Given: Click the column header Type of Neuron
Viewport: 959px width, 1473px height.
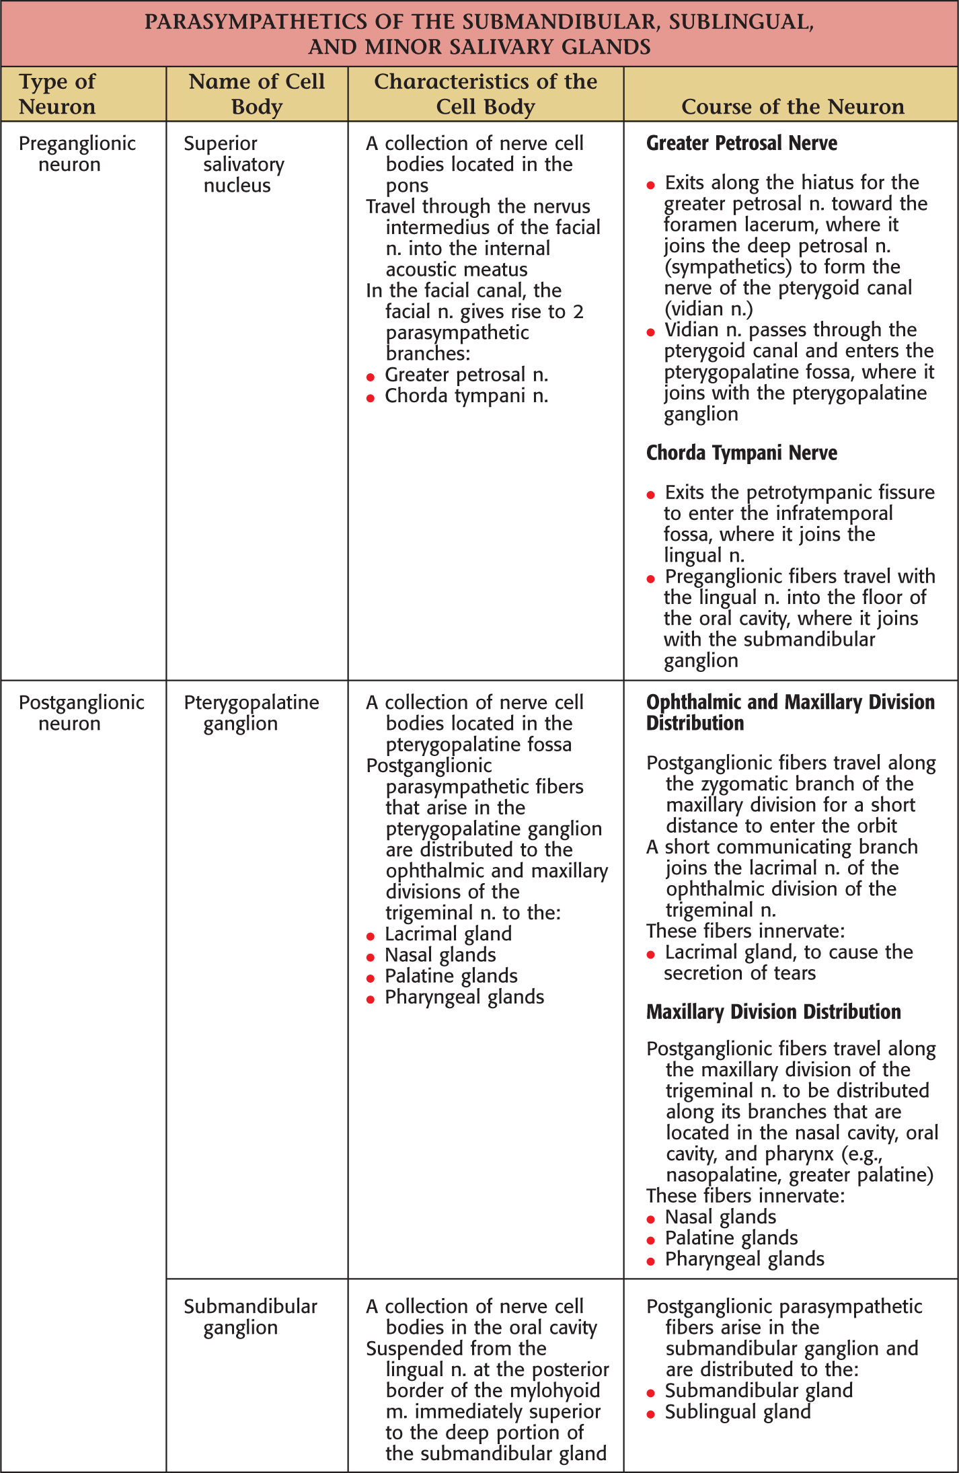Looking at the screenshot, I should coord(57,94).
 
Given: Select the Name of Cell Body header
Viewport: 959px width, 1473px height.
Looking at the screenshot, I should coord(256,94).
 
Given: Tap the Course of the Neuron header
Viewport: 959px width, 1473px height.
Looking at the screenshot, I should coord(792,106).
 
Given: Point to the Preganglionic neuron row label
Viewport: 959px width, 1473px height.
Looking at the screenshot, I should coord(77,154).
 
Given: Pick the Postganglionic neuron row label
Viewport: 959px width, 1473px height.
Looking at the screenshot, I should coord(81,713).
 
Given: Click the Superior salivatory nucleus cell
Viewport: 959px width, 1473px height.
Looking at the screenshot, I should coord(234,164).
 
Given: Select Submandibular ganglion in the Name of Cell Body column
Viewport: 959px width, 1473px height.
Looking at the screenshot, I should coord(250,1317).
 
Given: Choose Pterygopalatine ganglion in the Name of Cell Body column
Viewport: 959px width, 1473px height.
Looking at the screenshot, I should coord(251,713).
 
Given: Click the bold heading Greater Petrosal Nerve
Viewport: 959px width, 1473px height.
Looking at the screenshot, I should coord(741,143).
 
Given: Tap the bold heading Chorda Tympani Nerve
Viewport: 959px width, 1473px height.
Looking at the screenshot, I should coord(741,453).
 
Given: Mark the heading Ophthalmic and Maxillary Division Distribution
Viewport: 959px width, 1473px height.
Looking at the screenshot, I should coord(790,713).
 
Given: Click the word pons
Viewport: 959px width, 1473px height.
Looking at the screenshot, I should coord(407,186).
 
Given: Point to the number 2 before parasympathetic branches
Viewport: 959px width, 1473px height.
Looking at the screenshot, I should coord(578,312).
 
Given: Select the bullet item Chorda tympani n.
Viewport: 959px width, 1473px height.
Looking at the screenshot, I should coord(466,396).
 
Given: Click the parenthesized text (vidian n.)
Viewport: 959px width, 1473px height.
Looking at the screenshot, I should coord(708,309).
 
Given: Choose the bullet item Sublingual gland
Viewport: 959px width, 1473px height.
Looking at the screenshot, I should coord(737,1412).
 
